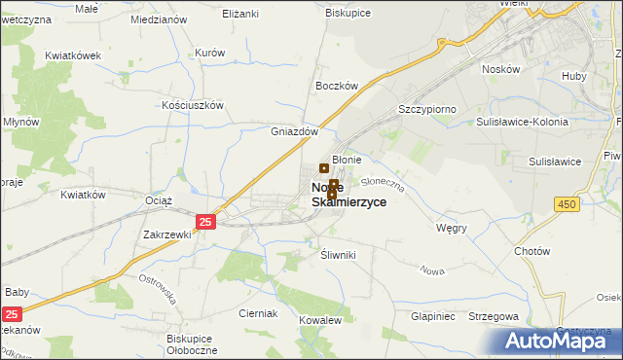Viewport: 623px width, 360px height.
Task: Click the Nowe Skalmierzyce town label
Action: pyautogui.click(x=348, y=195)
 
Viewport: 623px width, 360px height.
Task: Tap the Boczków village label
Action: pyautogui.click(x=338, y=86)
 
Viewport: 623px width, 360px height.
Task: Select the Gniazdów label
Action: pyautogui.click(x=294, y=131)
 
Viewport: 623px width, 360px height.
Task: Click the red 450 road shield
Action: pyautogui.click(x=567, y=203)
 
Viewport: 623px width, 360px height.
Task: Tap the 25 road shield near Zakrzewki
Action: pyautogui.click(x=204, y=222)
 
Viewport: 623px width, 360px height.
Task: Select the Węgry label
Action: pyautogui.click(x=453, y=228)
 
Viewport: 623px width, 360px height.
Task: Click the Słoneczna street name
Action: pyautogui.click(x=382, y=181)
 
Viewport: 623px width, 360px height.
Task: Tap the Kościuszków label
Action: pyautogui.click(x=194, y=105)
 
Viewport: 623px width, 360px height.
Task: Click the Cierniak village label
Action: pyautogui.click(x=259, y=313)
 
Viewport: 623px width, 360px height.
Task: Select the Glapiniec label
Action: pyautogui.click(x=433, y=316)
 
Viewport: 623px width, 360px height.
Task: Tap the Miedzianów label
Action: pyautogui.click(x=158, y=19)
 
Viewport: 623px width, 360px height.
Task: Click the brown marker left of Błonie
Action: pyautogui.click(x=324, y=168)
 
